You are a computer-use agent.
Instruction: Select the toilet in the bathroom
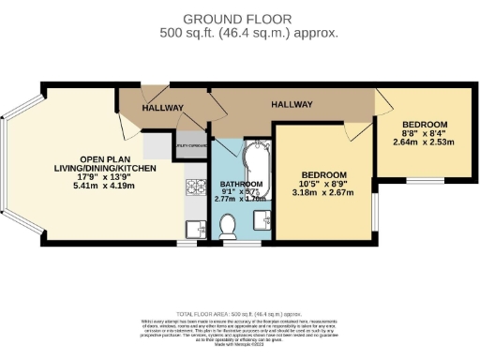click(229, 224)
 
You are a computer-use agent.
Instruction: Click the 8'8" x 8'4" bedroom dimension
click(424, 134)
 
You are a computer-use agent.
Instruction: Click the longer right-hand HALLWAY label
click(292, 104)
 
